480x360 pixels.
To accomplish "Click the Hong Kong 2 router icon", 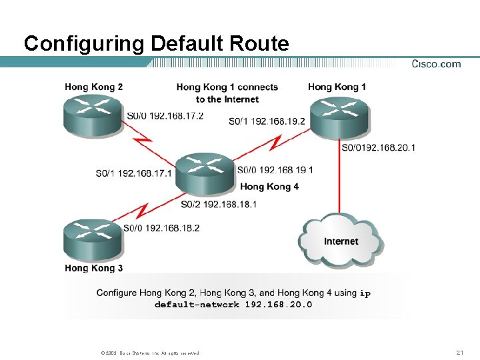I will pyautogui.click(x=93, y=115).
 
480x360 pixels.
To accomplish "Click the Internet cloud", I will pyautogui.click(x=340, y=240).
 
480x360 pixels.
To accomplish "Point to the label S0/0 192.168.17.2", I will pyautogui.click(x=165, y=115).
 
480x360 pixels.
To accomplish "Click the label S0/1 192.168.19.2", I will pyautogui.click(x=266, y=121).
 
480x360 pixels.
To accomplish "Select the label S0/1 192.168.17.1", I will pyautogui.click(x=133, y=173).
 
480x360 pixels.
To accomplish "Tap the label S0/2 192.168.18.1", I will pyautogui.click(x=218, y=204).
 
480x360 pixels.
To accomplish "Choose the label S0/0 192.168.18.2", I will pyautogui.click(x=161, y=228).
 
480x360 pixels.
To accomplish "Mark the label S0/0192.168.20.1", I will pyautogui.click(x=378, y=147).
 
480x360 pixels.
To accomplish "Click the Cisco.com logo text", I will pyautogui.click(x=436, y=64).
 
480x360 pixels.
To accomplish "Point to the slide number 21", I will pyautogui.click(x=459, y=352).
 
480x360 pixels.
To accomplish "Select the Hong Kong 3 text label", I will pyautogui.click(x=94, y=268).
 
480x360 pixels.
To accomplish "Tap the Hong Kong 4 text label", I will pyautogui.click(x=269, y=187).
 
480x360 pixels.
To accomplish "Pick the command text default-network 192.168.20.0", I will pyautogui.click(x=233, y=305).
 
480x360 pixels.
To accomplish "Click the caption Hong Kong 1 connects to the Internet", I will pyautogui.click(x=227, y=93).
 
